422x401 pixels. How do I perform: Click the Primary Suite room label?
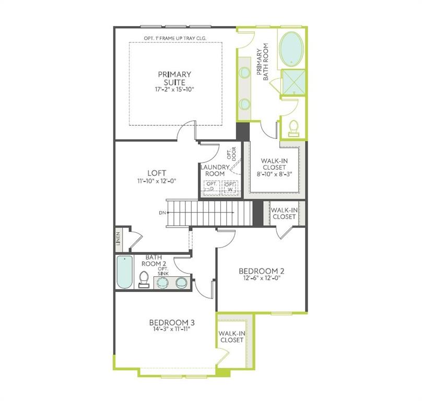174,78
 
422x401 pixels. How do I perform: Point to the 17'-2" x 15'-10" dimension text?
174,90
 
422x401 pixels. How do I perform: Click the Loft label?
157,173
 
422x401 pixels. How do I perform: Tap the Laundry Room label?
214,170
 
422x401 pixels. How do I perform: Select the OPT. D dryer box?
212,186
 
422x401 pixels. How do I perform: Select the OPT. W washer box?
230,186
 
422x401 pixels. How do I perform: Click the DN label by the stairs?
162,213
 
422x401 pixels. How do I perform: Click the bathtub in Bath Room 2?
124,273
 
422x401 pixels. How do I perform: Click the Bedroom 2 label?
261,271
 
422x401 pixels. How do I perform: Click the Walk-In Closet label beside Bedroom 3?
231,336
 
